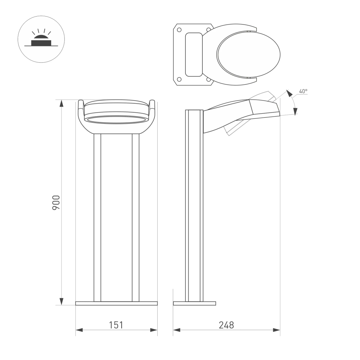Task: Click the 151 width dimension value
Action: (116, 325)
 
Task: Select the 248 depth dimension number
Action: (226, 325)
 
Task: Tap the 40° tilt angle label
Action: (303, 91)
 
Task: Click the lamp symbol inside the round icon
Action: (41, 41)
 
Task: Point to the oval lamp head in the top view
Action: (248, 54)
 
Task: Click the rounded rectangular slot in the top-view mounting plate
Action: (194, 54)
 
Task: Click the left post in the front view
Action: (97, 217)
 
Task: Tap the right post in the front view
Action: (135, 217)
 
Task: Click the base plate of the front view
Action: (116, 303)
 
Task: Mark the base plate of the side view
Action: (194, 303)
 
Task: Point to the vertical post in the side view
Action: (194, 205)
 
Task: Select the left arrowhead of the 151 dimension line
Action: (80, 330)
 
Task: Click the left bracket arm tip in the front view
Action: (81, 103)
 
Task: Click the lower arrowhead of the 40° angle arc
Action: (296, 112)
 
